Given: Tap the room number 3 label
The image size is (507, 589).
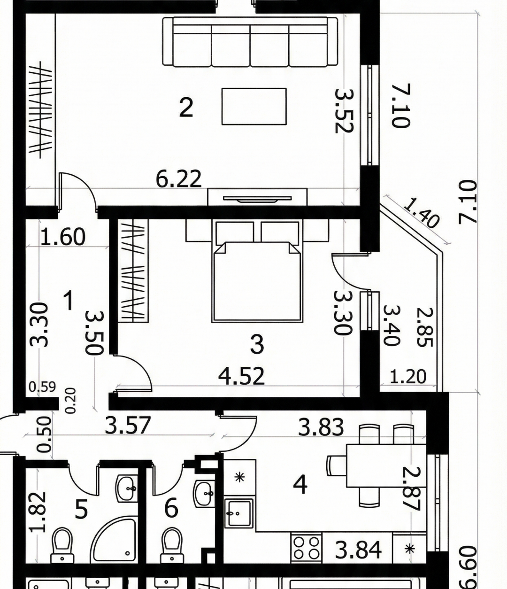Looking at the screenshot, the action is (257, 344).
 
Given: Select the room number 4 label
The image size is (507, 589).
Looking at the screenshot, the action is (300, 484).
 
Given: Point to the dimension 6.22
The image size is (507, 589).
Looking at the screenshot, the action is (179, 179).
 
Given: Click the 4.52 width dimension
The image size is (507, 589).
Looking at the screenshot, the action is (242, 376).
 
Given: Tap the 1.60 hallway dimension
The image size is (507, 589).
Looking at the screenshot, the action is (63, 236).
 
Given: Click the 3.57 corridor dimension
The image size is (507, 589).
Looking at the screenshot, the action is (128, 425).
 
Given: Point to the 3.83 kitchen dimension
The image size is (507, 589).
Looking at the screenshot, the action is (321, 427).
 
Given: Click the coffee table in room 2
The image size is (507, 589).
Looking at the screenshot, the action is (254, 106).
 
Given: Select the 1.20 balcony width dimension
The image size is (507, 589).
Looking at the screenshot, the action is (408, 376).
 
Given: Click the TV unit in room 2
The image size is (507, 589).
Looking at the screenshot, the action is (257, 197).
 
